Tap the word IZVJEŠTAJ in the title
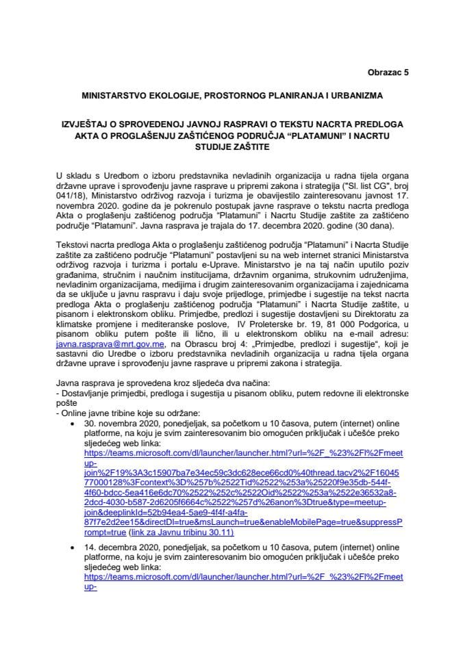(x=86, y=125)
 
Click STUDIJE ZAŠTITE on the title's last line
(x=232, y=146)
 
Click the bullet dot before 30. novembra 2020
(x=73, y=424)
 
